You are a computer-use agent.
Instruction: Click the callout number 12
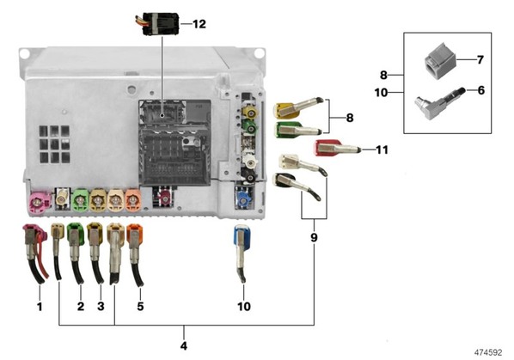199,24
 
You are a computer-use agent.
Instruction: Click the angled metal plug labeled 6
438,103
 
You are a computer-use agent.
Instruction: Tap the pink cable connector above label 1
34,253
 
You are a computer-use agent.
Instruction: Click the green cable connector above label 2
76,253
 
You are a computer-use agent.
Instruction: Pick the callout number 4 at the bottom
184,345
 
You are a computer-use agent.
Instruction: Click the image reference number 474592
488,352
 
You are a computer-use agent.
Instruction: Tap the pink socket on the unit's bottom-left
40,203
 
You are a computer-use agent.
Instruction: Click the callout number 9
314,237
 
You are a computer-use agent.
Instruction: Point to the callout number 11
382,149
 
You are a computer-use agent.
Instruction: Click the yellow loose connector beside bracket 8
298,108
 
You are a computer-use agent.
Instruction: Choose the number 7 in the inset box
480,60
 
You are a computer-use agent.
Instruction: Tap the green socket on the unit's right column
250,127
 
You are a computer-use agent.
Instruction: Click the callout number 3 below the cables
101,306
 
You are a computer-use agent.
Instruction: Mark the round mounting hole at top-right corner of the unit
259,52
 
